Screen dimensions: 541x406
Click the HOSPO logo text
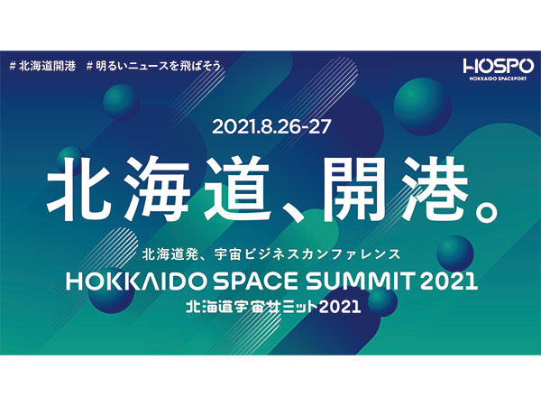(x=499, y=66)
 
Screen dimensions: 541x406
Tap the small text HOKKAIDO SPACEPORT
(x=499, y=78)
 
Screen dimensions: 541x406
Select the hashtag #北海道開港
(x=42, y=66)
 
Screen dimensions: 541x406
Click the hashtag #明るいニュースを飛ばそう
(x=153, y=66)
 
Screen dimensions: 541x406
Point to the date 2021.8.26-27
(x=271, y=127)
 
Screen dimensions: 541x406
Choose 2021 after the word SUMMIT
(x=448, y=281)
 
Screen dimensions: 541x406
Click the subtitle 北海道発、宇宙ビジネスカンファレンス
(x=271, y=254)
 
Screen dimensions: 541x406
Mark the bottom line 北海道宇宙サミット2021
(x=273, y=307)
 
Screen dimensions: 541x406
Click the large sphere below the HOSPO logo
(x=422, y=106)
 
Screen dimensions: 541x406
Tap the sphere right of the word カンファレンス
(x=454, y=254)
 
